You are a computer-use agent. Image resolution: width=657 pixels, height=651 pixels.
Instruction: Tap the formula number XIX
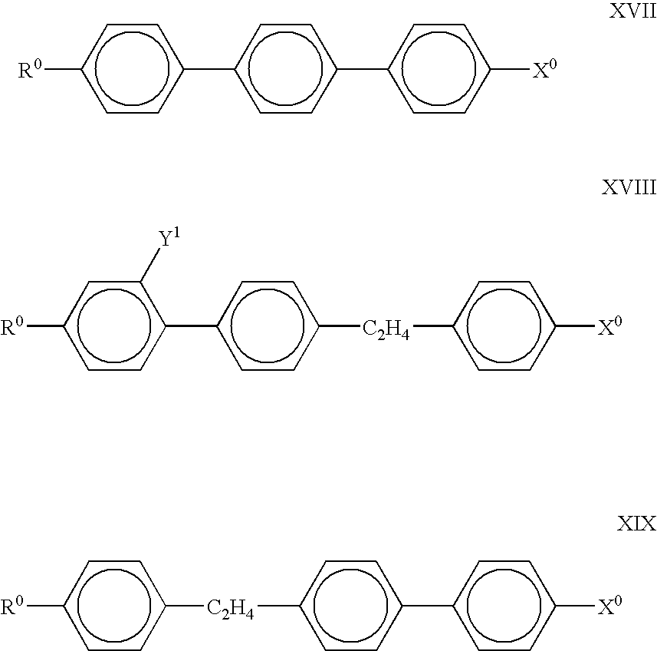(x=636, y=525)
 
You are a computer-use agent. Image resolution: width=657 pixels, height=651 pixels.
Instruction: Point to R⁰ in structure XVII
(x=31, y=71)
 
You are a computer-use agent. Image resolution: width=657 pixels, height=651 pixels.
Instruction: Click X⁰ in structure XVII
(x=544, y=71)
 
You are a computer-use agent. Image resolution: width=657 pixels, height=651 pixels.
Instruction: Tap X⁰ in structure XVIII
(x=609, y=328)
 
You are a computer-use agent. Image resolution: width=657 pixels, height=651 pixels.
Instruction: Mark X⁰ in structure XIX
(x=609, y=607)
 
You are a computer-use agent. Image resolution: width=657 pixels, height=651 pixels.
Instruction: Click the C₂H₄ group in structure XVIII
(x=384, y=329)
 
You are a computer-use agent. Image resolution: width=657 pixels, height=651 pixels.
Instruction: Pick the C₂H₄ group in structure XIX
(x=231, y=609)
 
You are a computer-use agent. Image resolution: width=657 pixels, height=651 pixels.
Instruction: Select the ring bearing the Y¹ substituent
(x=115, y=326)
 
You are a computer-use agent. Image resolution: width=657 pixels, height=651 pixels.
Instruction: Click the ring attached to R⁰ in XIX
(x=115, y=606)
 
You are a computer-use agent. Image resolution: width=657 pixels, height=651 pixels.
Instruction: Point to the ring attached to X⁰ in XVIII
(x=504, y=326)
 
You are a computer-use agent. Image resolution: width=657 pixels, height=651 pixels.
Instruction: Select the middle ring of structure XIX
(x=351, y=606)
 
